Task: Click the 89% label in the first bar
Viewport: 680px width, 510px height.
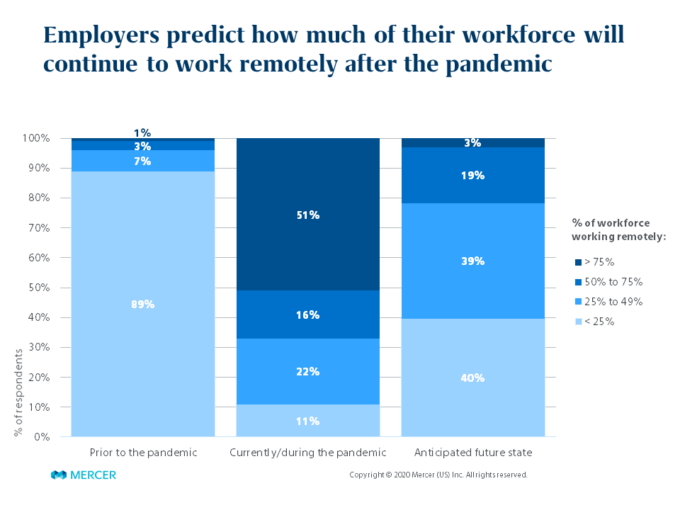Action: click(142, 305)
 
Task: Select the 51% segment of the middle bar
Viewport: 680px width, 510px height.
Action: click(308, 215)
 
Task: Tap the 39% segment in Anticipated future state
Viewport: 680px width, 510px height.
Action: click(472, 261)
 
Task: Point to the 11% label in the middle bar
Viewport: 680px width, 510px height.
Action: click(308, 421)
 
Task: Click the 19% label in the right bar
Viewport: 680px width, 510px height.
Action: click(472, 175)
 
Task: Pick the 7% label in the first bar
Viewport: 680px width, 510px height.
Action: click(142, 161)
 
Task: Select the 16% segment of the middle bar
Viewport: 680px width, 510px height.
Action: click(308, 314)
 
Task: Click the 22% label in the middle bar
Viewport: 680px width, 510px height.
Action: click(308, 371)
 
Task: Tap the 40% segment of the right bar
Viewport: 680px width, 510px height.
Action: click(472, 378)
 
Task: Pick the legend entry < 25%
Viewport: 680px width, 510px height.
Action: click(599, 321)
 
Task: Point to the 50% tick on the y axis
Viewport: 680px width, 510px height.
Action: click(40, 288)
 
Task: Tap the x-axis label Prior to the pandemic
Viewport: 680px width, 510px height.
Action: click(143, 452)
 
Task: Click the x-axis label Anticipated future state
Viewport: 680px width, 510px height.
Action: click(473, 452)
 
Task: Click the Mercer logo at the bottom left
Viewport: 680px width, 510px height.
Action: click(84, 475)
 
